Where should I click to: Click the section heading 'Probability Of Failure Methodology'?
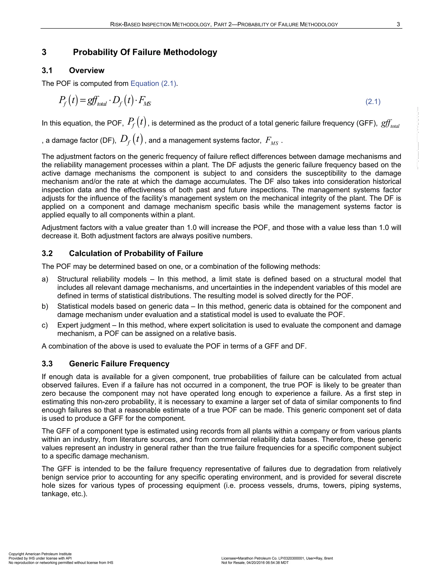145,52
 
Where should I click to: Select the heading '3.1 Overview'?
73,70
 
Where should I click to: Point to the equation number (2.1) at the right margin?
373,102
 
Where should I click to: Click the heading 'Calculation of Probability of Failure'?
136,253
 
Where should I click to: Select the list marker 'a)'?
45,279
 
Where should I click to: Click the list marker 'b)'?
45,306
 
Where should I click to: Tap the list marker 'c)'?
45,325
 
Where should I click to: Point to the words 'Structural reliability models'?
102,279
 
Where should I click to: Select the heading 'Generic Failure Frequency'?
119,364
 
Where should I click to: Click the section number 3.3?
47,364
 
